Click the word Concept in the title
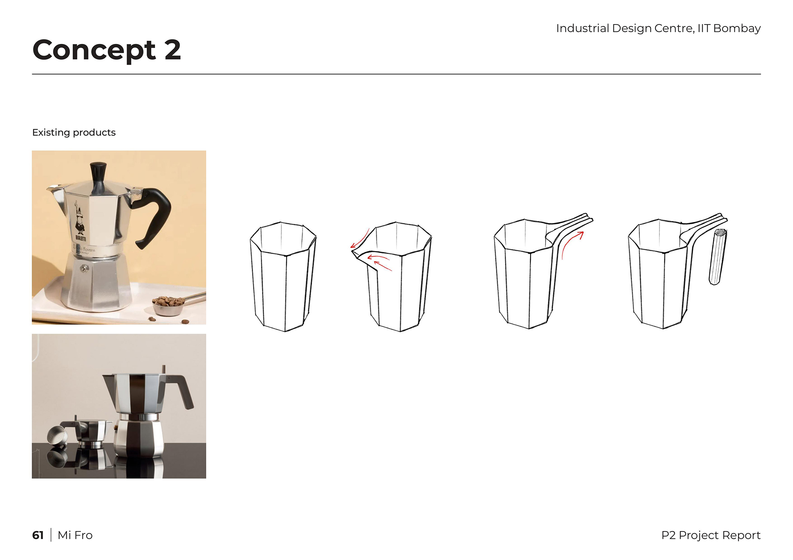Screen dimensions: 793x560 pos(94,50)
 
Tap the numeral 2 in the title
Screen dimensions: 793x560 pos(173,50)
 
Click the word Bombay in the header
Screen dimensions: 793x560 pos(737,29)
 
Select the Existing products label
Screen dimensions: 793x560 pos(74,132)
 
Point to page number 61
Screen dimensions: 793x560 pos(38,535)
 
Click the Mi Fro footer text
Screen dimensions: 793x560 pos(75,535)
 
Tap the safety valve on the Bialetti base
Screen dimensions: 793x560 pos(84,269)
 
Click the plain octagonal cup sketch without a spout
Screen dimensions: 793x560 pos(283,276)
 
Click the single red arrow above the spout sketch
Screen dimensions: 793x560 pos(360,238)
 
